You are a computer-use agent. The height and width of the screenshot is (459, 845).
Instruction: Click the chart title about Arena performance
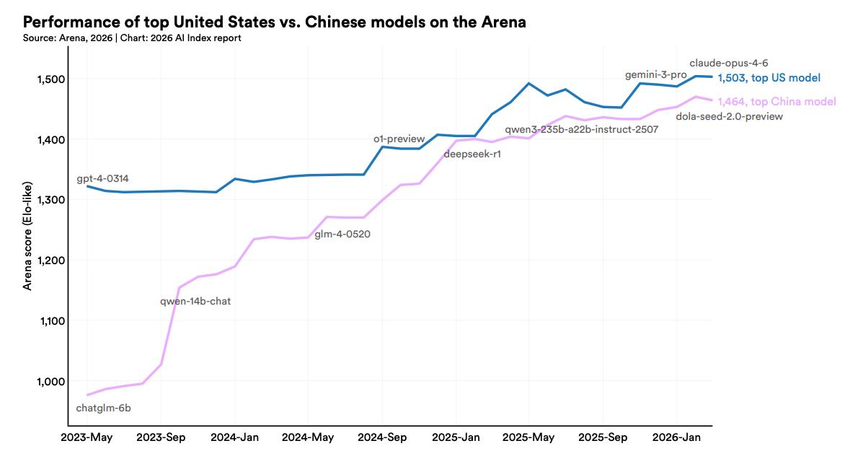275,22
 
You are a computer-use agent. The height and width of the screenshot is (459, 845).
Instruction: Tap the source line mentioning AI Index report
132,38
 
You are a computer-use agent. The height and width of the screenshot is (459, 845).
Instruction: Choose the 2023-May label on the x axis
87,437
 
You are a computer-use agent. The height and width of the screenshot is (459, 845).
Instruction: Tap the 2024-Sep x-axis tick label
381,437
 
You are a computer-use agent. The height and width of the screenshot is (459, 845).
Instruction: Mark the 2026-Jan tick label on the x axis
676,437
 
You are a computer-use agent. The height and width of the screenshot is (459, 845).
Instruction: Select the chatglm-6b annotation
103,408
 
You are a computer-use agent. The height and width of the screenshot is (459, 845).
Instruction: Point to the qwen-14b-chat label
195,301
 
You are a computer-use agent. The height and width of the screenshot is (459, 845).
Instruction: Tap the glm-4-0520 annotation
342,234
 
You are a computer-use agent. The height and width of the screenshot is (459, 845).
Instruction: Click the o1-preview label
399,139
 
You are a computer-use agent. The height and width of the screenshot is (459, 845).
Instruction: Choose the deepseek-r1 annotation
472,154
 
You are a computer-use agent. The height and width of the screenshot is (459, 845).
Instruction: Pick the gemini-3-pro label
655,75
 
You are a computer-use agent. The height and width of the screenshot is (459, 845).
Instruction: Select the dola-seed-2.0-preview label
729,116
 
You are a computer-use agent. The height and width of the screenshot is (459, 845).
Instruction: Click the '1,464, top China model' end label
777,102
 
